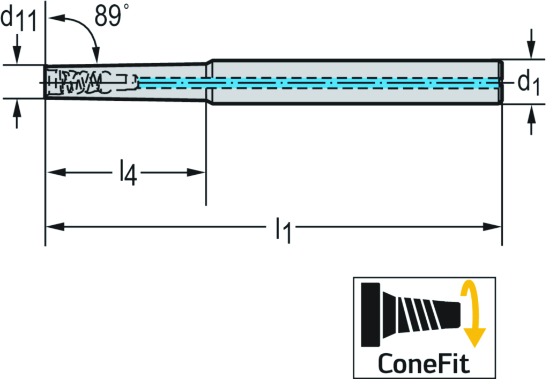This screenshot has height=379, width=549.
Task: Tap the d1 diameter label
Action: pos(529,82)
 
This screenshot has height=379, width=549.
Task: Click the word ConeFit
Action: pos(424,363)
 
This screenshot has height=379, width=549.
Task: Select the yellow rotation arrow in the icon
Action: pos(472,316)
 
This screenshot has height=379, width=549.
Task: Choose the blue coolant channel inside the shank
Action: pos(322,82)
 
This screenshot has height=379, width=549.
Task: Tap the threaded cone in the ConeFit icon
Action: pos(418,314)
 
